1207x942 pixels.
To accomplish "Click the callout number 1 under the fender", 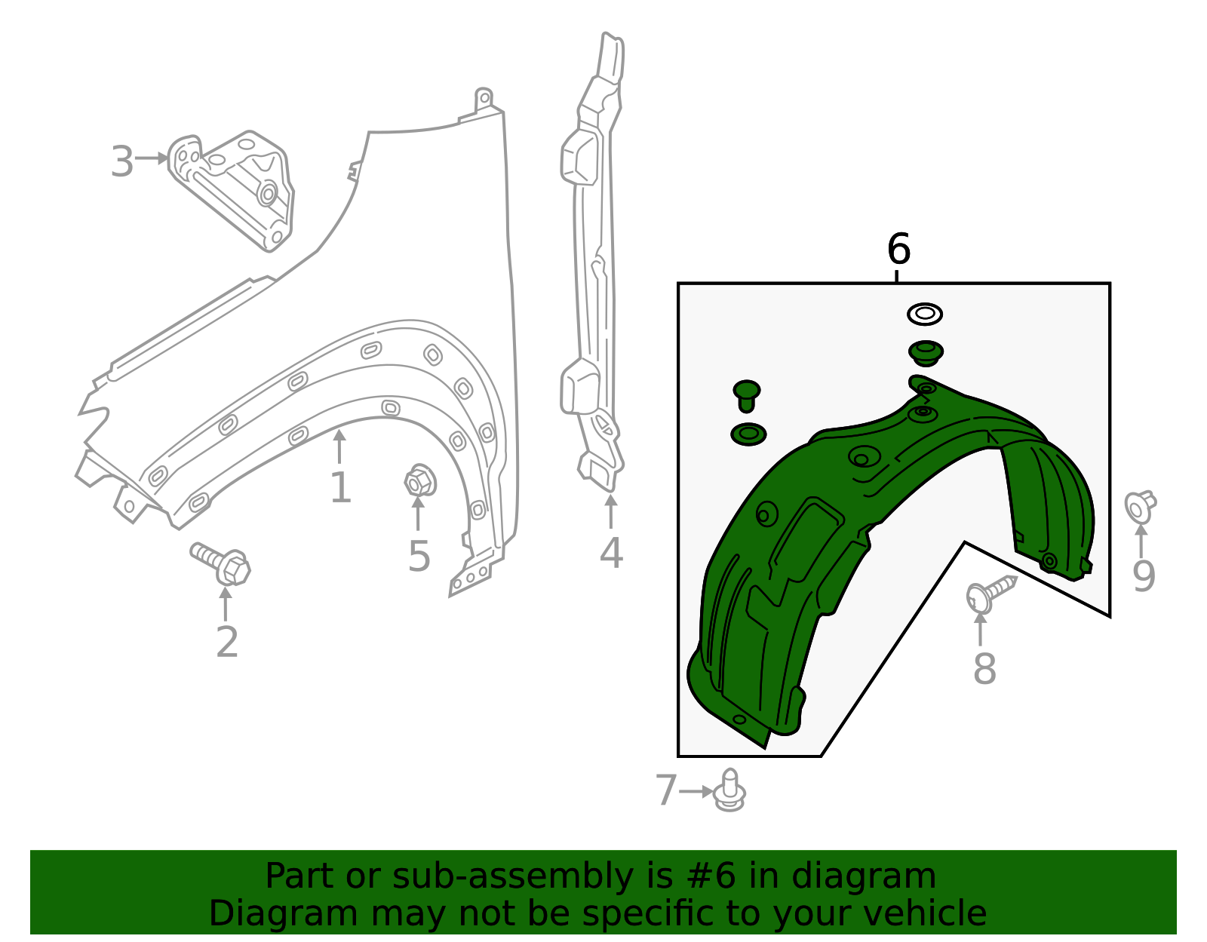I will (x=340, y=488).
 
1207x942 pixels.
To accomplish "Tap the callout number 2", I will (x=226, y=642).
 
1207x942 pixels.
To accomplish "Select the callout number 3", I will (x=122, y=161).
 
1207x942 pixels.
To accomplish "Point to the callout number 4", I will (x=611, y=553).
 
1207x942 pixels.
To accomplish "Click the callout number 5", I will (x=419, y=557).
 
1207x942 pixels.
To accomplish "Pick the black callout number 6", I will (x=898, y=249).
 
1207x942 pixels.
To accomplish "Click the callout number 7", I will (x=666, y=791).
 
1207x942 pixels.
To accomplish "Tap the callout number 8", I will (x=984, y=668).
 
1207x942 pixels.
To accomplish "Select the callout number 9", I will (x=1144, y=576).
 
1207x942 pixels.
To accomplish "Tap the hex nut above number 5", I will (x=418, y=481).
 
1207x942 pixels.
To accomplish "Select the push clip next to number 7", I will (x=729, y=790).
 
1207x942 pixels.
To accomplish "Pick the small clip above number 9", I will (x=1139, y=506).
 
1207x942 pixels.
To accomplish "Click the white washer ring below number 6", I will (x=925, y=314).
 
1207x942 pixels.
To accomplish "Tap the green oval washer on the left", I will (x=748, y=434).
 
